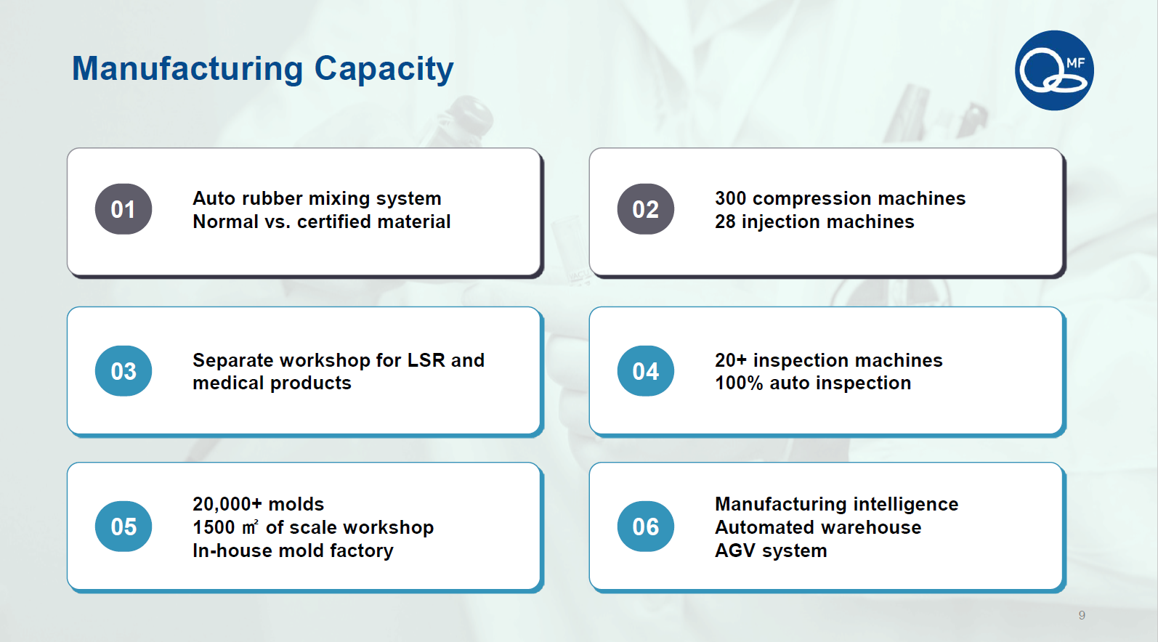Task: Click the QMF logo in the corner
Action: tap(1054, 70)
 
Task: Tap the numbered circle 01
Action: tap(123, 209)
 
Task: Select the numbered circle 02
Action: tap(645, 209)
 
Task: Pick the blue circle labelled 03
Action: tap(123, 370)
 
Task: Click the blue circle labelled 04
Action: tap(645, 370)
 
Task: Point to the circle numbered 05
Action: tap(123, 527)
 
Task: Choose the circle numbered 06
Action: tap(645, 527)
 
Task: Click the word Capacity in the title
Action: tap(384, 70)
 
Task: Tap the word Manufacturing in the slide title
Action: tap(187, 68)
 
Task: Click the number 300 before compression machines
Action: tap(731, 198)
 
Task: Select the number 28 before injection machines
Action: tap(725, 222)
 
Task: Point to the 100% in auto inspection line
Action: tap(739, 383)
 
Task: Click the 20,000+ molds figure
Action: tap(258, 504)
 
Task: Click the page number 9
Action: tap(1082, 615)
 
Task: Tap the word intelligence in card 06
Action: tap(906, 505)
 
